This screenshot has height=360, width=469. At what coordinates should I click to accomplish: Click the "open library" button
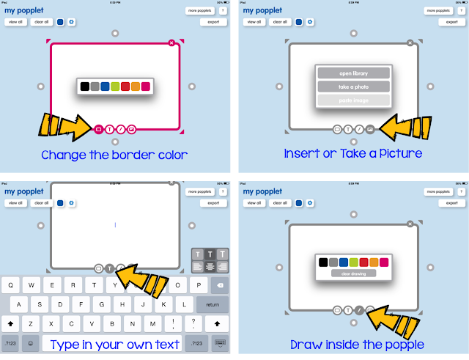[353, 73]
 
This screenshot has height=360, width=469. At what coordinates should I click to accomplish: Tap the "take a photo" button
[353, 87]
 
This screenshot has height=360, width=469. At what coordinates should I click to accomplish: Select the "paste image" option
[353, 100]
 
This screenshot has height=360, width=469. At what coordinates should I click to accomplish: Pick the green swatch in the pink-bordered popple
[115, 87]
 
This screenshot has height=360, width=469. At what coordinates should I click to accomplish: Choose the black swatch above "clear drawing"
[322, 262]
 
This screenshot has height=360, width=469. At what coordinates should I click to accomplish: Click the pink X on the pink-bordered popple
[171, 43]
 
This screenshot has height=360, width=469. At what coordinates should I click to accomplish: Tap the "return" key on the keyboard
[213, 304]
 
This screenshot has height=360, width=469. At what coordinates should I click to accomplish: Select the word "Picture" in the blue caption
[398, 154]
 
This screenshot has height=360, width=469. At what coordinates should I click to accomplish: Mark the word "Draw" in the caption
[306, 345]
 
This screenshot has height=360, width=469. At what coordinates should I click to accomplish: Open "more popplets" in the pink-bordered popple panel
[200, 11]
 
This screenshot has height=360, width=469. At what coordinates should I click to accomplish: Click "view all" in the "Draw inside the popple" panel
[254, 203]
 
